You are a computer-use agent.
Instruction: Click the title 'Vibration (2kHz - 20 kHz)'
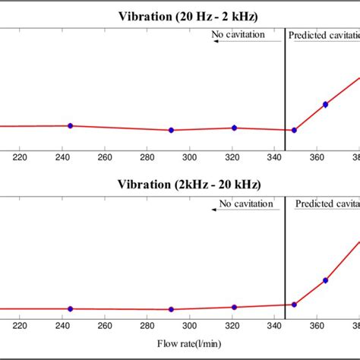[x=188, y=185]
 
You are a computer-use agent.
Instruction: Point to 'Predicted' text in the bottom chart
[x=314, y=204]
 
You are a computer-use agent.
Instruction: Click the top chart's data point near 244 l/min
[x=70, y=125]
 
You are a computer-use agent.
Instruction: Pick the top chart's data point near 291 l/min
[x=171, y=130]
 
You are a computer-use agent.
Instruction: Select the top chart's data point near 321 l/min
[x=234, y=128]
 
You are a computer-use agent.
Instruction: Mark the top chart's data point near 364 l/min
[x=325, y=104]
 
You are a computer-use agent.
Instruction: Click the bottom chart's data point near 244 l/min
[x=70, y=308]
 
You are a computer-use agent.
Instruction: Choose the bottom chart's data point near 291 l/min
[x=171, y=309]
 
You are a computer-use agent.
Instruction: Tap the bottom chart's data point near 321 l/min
[x=234, y=307]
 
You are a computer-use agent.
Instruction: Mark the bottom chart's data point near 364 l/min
[x=325, y=280]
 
